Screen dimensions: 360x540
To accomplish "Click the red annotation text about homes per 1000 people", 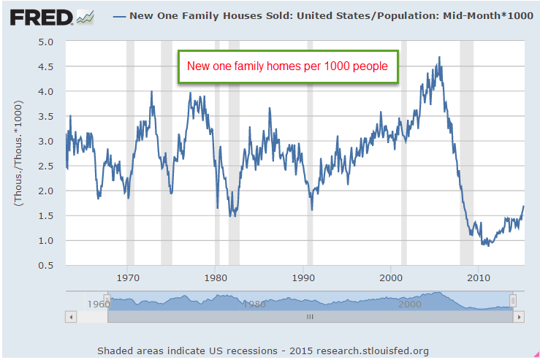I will [287, 66].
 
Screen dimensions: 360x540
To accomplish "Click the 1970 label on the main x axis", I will [127, 278].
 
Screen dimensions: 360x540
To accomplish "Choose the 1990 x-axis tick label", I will [303, 278].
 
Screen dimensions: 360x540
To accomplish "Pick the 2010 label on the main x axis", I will [479, 278].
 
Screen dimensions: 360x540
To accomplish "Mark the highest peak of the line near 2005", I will [439, 57].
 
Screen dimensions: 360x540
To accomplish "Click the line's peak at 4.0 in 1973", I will [151, 91].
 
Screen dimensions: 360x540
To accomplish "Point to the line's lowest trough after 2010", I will [484, 245].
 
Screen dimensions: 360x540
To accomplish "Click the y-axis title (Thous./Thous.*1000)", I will [19, 153].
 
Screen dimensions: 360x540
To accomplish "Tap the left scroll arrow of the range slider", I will [71, 317].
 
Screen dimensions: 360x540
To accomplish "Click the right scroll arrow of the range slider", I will [519, 317].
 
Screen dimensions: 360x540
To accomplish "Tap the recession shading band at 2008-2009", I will [466, 153].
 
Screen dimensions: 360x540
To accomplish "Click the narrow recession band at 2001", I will [404, 153].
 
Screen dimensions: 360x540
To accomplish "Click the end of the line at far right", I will [523, 207].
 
